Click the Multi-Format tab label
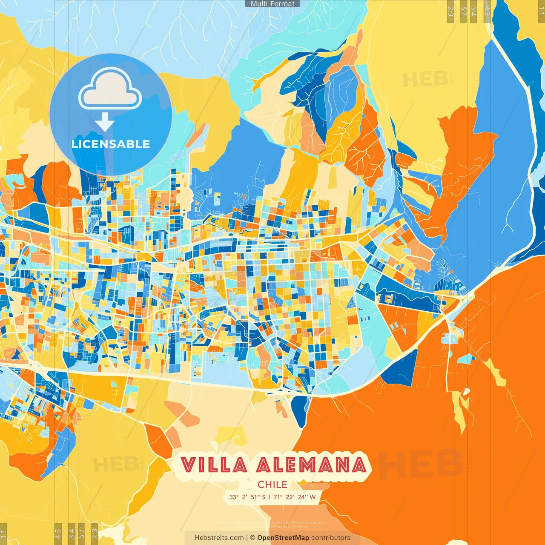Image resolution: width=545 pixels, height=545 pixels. (x=272, y=4)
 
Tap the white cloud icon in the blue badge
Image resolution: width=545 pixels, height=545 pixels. (x=110, y=89)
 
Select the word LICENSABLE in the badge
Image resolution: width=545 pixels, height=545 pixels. (x=111, y=144)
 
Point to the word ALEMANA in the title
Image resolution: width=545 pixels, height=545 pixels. (x=311, y=465)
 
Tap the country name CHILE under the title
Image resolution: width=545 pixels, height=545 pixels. (x=272, y=485)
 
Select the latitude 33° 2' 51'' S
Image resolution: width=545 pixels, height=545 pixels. (x=247, y=497)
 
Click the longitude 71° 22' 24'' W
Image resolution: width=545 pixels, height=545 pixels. (x=295, y=497)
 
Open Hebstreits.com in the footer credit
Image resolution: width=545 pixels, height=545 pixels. (x=219, y=538)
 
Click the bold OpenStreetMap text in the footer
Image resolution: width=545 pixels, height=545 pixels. (x=283, y=538)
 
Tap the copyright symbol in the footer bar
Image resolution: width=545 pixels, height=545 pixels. (x=252, y=538)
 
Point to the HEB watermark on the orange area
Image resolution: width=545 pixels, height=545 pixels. (x=419, y=464)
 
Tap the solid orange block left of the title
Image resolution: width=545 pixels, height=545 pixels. (x=158, y=441)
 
